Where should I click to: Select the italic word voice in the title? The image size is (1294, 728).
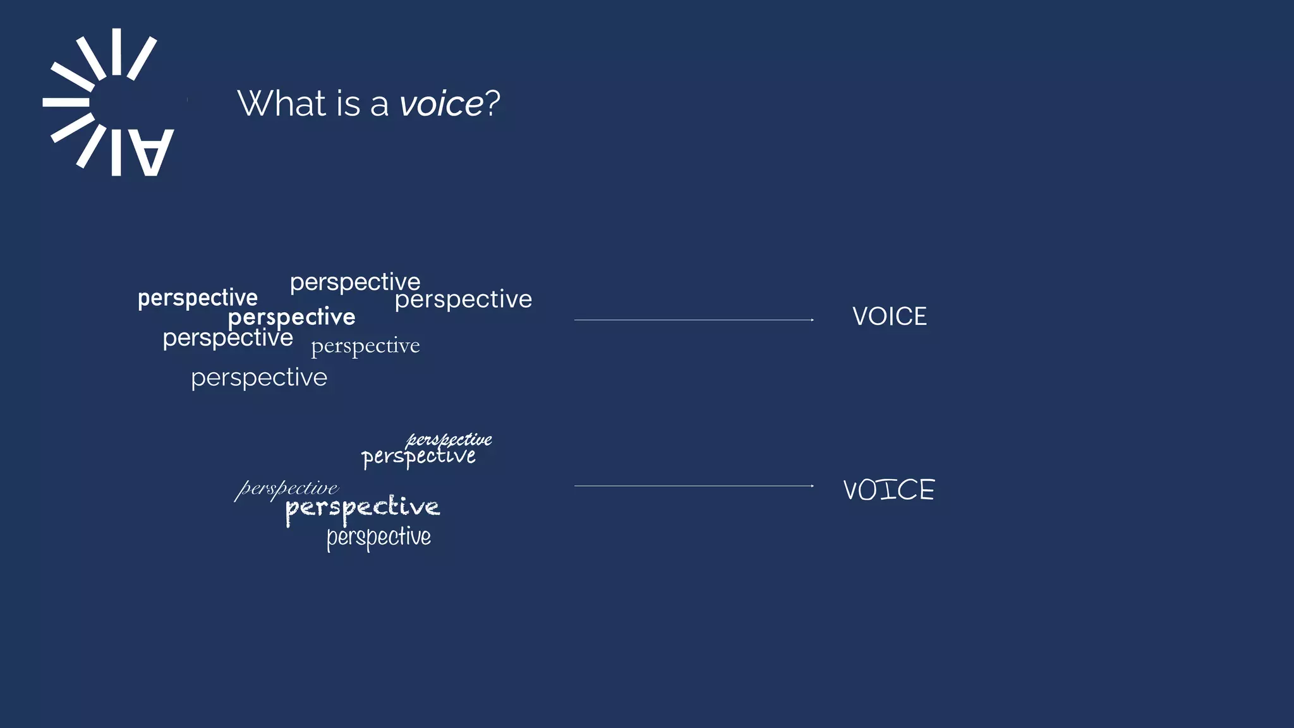pos(441,104)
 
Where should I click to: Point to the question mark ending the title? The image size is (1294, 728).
pos(492,103)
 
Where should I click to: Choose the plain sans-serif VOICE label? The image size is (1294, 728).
pos(889,317)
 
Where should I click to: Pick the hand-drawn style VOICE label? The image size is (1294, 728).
pos(888,490)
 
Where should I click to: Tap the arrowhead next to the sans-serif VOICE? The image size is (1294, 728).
pos(812,320)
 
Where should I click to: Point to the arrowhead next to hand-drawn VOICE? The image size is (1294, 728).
pos(812,486)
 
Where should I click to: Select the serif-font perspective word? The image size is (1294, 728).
pos(365,346)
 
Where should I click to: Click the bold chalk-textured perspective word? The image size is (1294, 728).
pos(362,508)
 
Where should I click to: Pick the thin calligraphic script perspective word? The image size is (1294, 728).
pos(287,488)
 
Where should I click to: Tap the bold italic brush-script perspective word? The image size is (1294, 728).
pos(449,439)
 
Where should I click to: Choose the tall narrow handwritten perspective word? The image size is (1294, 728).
pos(378,537)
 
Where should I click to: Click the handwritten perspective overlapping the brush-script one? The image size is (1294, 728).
pos(418,457)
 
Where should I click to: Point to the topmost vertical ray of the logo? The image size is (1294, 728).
pos(116,52)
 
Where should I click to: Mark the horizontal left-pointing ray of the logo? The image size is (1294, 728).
pos(66,102)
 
